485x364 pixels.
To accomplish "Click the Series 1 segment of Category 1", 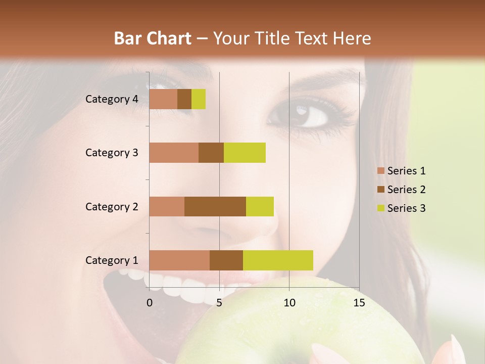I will point(179,260).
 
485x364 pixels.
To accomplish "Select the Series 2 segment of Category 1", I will point(226,260).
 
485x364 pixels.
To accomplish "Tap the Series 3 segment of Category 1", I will point(278,260).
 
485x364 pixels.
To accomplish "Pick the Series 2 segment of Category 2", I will point(215,206).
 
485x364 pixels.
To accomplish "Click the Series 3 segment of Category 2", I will point(260,206).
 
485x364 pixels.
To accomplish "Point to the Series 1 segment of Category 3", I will point(174,153).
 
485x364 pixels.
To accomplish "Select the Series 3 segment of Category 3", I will point(245,153).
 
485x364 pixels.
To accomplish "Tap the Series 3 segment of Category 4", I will point(199,99).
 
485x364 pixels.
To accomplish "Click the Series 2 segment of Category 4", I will point(184,99).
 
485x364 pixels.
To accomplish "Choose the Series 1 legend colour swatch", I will point(381,171).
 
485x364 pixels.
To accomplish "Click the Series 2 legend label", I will point(406,190).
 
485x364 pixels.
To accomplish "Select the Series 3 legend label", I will point(406,208).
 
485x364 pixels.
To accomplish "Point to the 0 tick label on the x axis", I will point(150,303).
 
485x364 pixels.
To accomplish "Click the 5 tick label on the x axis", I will point(219,303).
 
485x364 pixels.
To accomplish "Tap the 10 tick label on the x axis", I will point(289,303).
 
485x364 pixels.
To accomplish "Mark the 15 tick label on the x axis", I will point(359,303).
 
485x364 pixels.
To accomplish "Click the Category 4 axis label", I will point(112,99).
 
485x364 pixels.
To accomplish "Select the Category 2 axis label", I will point(112,206).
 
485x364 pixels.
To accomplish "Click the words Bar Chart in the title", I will point(153,38).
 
